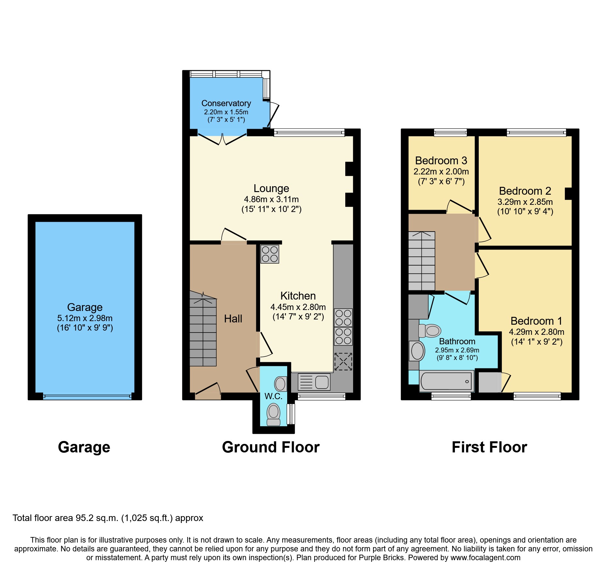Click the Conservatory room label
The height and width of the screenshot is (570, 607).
pos(226,103)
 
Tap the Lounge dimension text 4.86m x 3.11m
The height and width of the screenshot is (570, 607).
pos(271,199)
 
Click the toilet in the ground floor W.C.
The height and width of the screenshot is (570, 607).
pos(273,414)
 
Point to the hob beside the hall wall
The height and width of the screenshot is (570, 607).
pos(270,254)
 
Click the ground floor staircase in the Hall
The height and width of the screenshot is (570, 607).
pos(203,330)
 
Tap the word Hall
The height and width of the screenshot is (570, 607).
pos(233,319)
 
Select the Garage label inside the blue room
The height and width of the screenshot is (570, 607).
pos(85,307)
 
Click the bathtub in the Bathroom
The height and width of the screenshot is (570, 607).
pos(446,381)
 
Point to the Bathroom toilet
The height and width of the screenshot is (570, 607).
pos(430,331)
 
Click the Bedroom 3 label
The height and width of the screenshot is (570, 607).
pos(441,161)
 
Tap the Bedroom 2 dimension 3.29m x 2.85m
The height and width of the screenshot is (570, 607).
pos(525,202)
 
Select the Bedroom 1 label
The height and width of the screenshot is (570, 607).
pos(536,321)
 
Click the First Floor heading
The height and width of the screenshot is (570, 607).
pos(489,447)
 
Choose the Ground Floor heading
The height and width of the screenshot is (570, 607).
pos(271,447)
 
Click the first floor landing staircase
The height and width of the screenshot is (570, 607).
pos(422,261)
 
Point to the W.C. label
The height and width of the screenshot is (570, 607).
pos(273,396)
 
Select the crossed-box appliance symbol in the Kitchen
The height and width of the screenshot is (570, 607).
pos(343,361)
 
